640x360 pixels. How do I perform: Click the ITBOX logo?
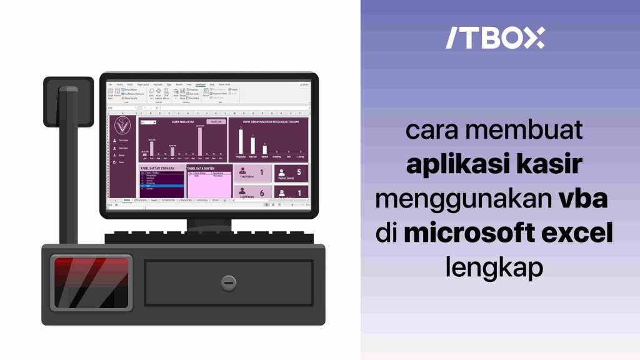(495, 38)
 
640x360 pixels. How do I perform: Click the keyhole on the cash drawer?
(229, 282)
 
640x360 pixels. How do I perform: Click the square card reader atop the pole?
(68, 101)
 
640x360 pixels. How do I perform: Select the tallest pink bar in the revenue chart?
(200, 141)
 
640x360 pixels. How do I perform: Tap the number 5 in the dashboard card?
(298, 172)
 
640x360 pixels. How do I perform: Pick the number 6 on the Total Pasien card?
(261, 194)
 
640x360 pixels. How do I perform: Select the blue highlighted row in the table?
(161, 186)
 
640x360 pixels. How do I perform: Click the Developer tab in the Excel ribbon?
(200, 84)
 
